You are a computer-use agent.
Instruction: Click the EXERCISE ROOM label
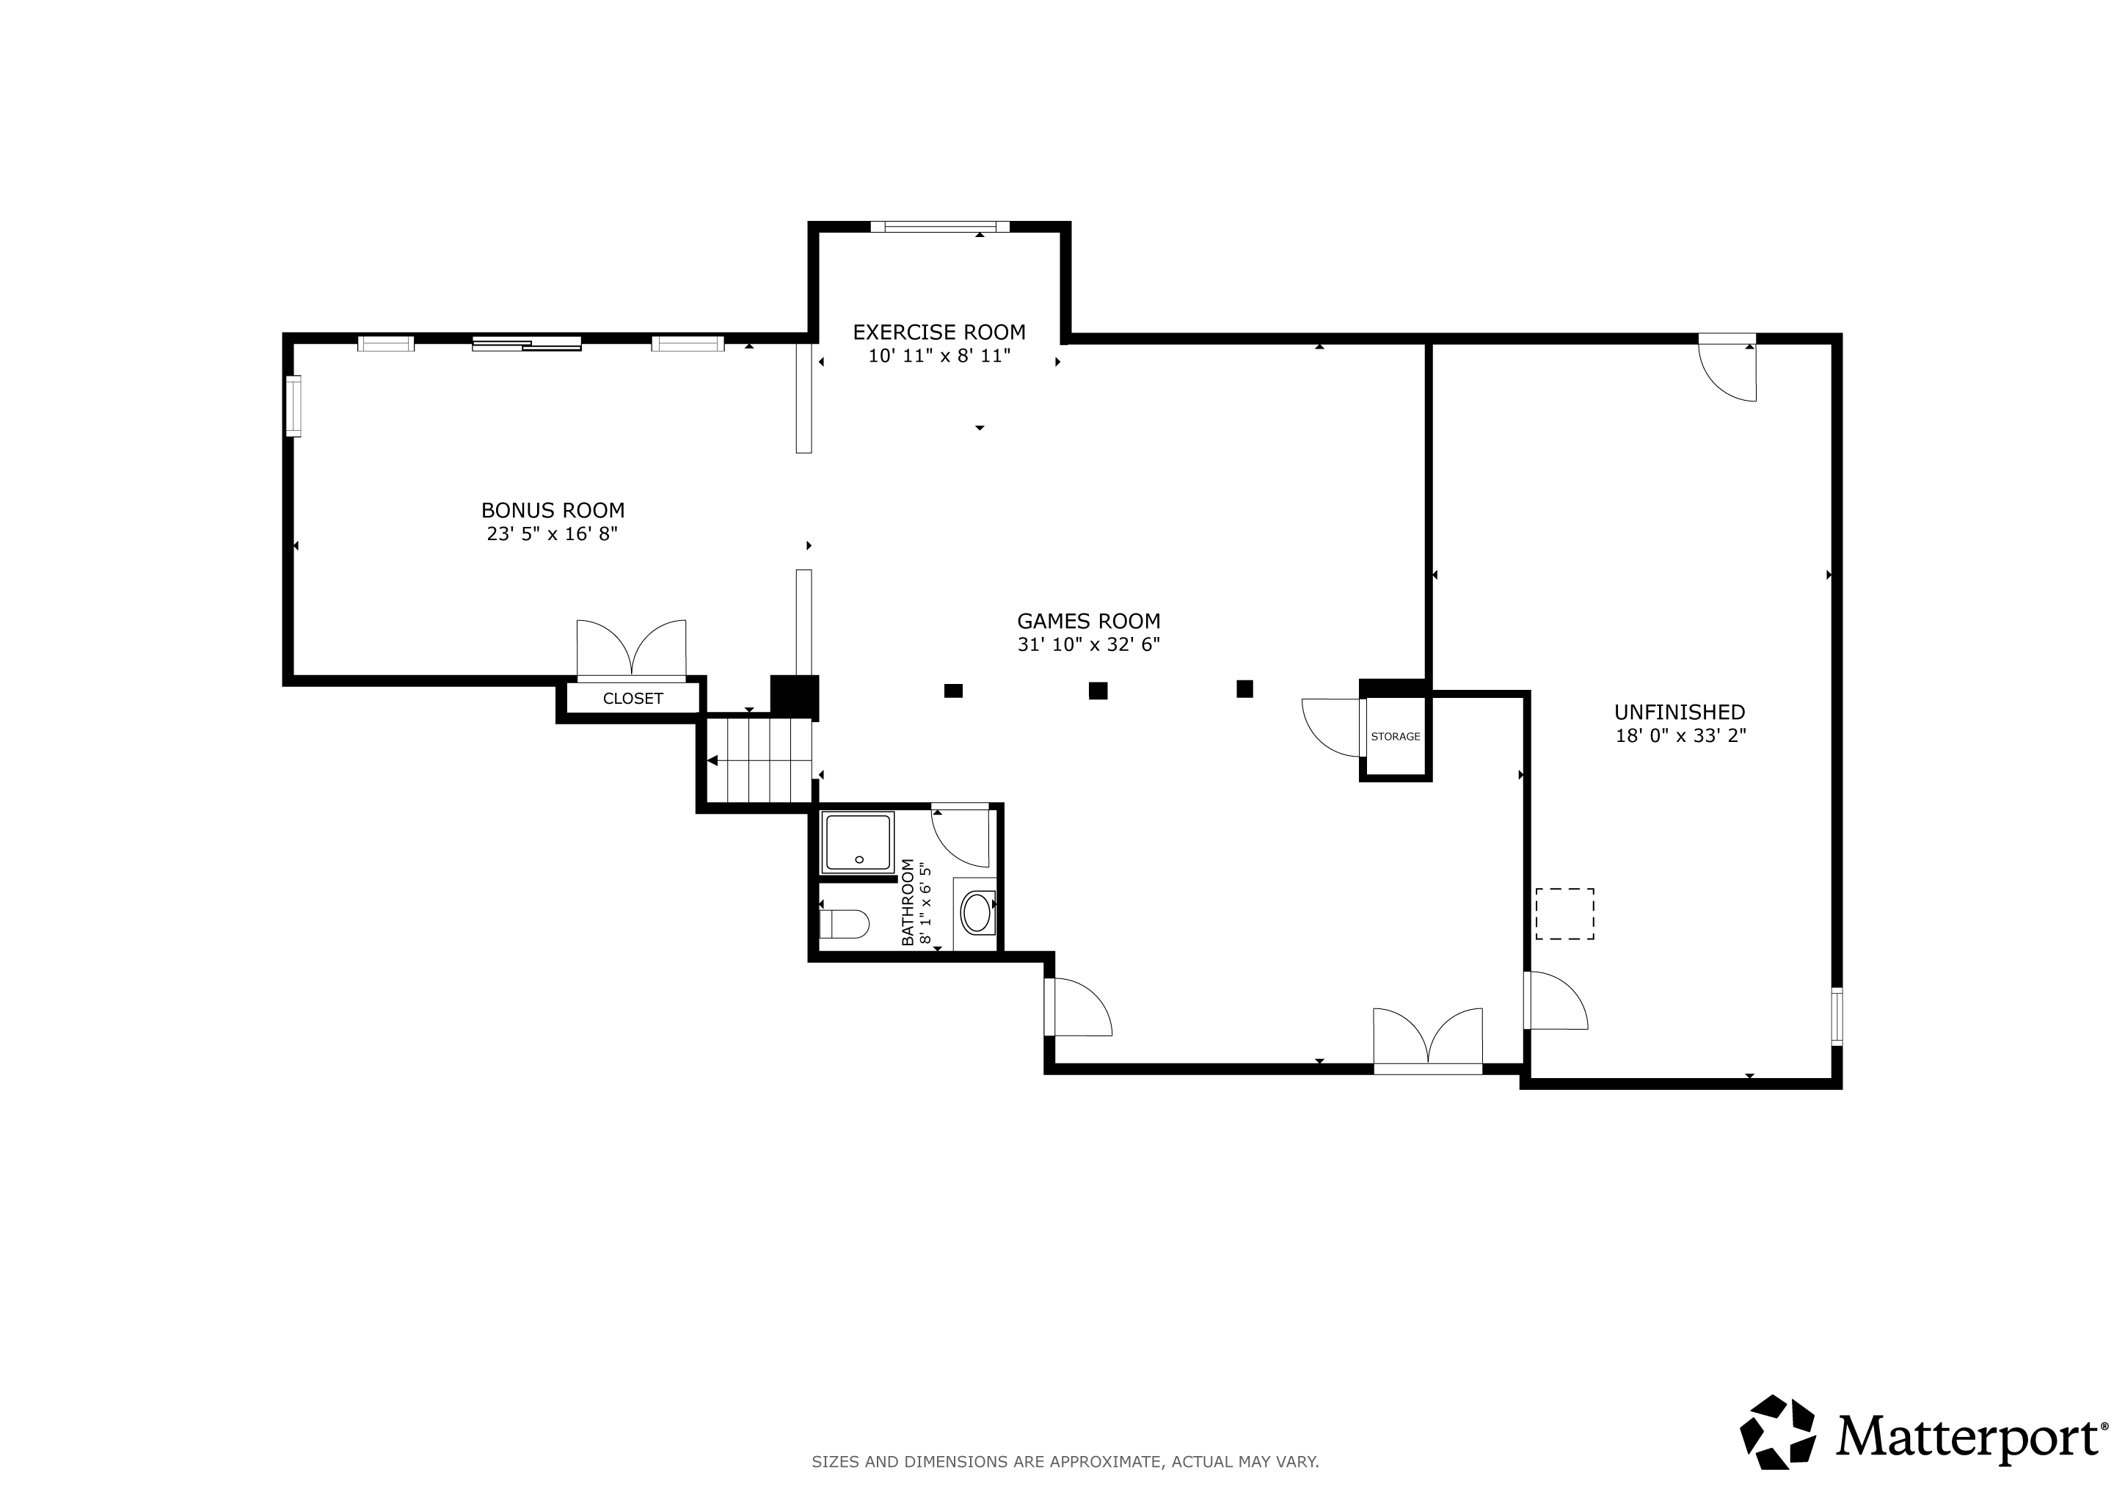[x=938, y=331]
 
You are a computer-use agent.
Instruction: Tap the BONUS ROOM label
[x=553, y=510]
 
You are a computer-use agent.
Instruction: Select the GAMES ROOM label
[x=1088, y=621]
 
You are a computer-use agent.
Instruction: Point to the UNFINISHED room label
[x=1680, y=712]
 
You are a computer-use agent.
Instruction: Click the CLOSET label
[x=633, y=699]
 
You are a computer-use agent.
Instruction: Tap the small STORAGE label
[x=1396, y=737]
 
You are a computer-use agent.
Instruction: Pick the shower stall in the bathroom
[x=858, y=843]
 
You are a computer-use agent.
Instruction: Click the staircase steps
[x=759, y=760]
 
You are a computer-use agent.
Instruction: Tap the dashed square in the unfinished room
[x=1564, y=914]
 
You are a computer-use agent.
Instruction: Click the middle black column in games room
[x=1098, y=691]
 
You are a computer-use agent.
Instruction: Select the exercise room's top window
[x=939, y=227]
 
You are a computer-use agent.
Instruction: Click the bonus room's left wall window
[x=293, y=405]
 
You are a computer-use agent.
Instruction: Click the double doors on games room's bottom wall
[x=1427, y=1040]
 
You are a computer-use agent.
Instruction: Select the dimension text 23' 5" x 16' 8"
[x=553, y=534]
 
